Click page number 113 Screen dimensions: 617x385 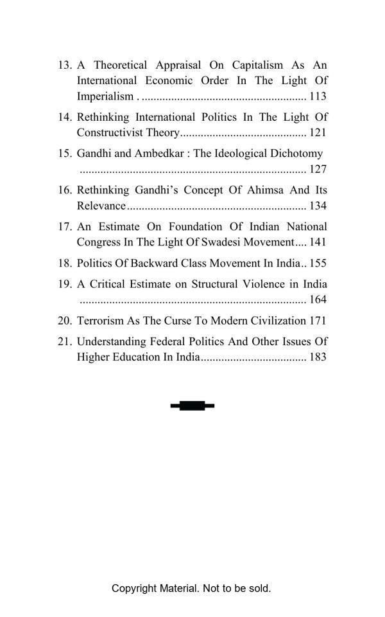coord(318,96)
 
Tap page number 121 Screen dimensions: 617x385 coord(318,133)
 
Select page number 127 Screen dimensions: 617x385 coord(318,170)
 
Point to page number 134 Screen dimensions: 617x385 coord(318,206)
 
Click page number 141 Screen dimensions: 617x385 coord(318,242)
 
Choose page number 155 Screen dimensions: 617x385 coord(318,264)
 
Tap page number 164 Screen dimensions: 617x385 coord(318,300)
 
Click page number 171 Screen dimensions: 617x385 coord(318,321)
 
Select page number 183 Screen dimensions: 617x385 coord(318,357)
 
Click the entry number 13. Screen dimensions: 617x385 coord(65,66)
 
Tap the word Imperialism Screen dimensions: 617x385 coord(105,97)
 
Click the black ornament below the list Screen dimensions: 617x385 coord(193,406)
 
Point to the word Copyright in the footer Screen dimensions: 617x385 coord(135,588)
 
